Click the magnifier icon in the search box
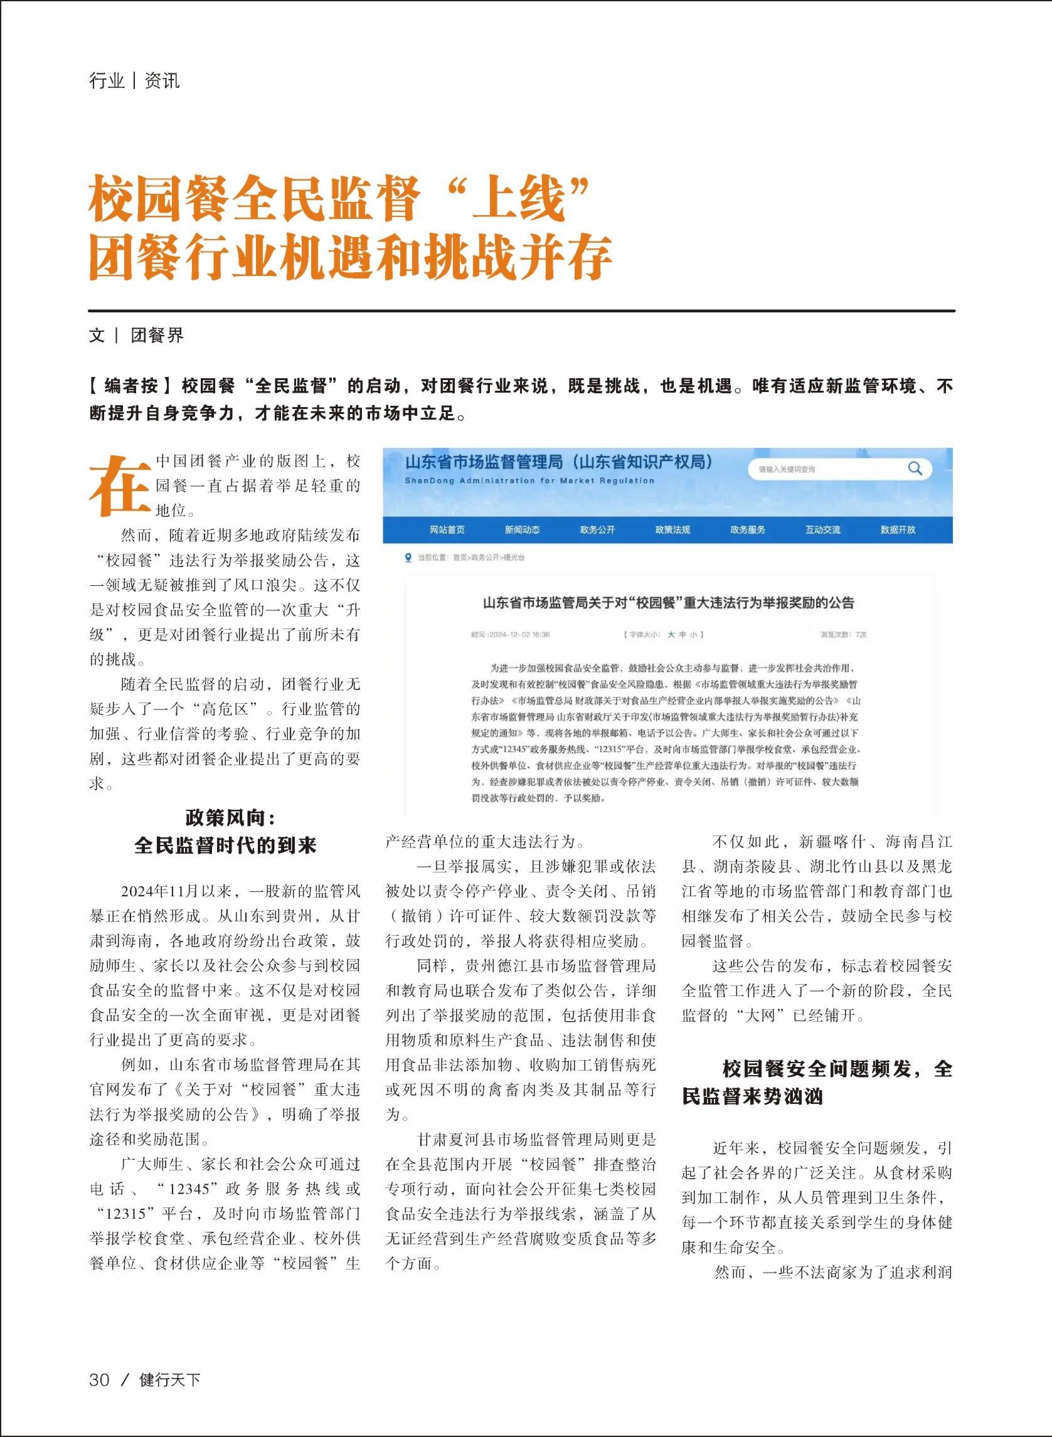(915, 469)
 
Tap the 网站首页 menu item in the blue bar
(447, 530)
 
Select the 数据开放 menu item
(898, 530)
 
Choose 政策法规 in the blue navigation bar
(672, 530)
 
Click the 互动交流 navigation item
(823, 530)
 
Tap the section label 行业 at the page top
(107, 82)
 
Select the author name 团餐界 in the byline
(157, 336)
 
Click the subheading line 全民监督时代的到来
(225, 846)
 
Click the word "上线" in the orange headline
(519, 200)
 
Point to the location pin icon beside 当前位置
(408, 558)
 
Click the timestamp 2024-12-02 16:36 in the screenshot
(511, 635)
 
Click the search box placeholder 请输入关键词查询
(787, 469)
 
